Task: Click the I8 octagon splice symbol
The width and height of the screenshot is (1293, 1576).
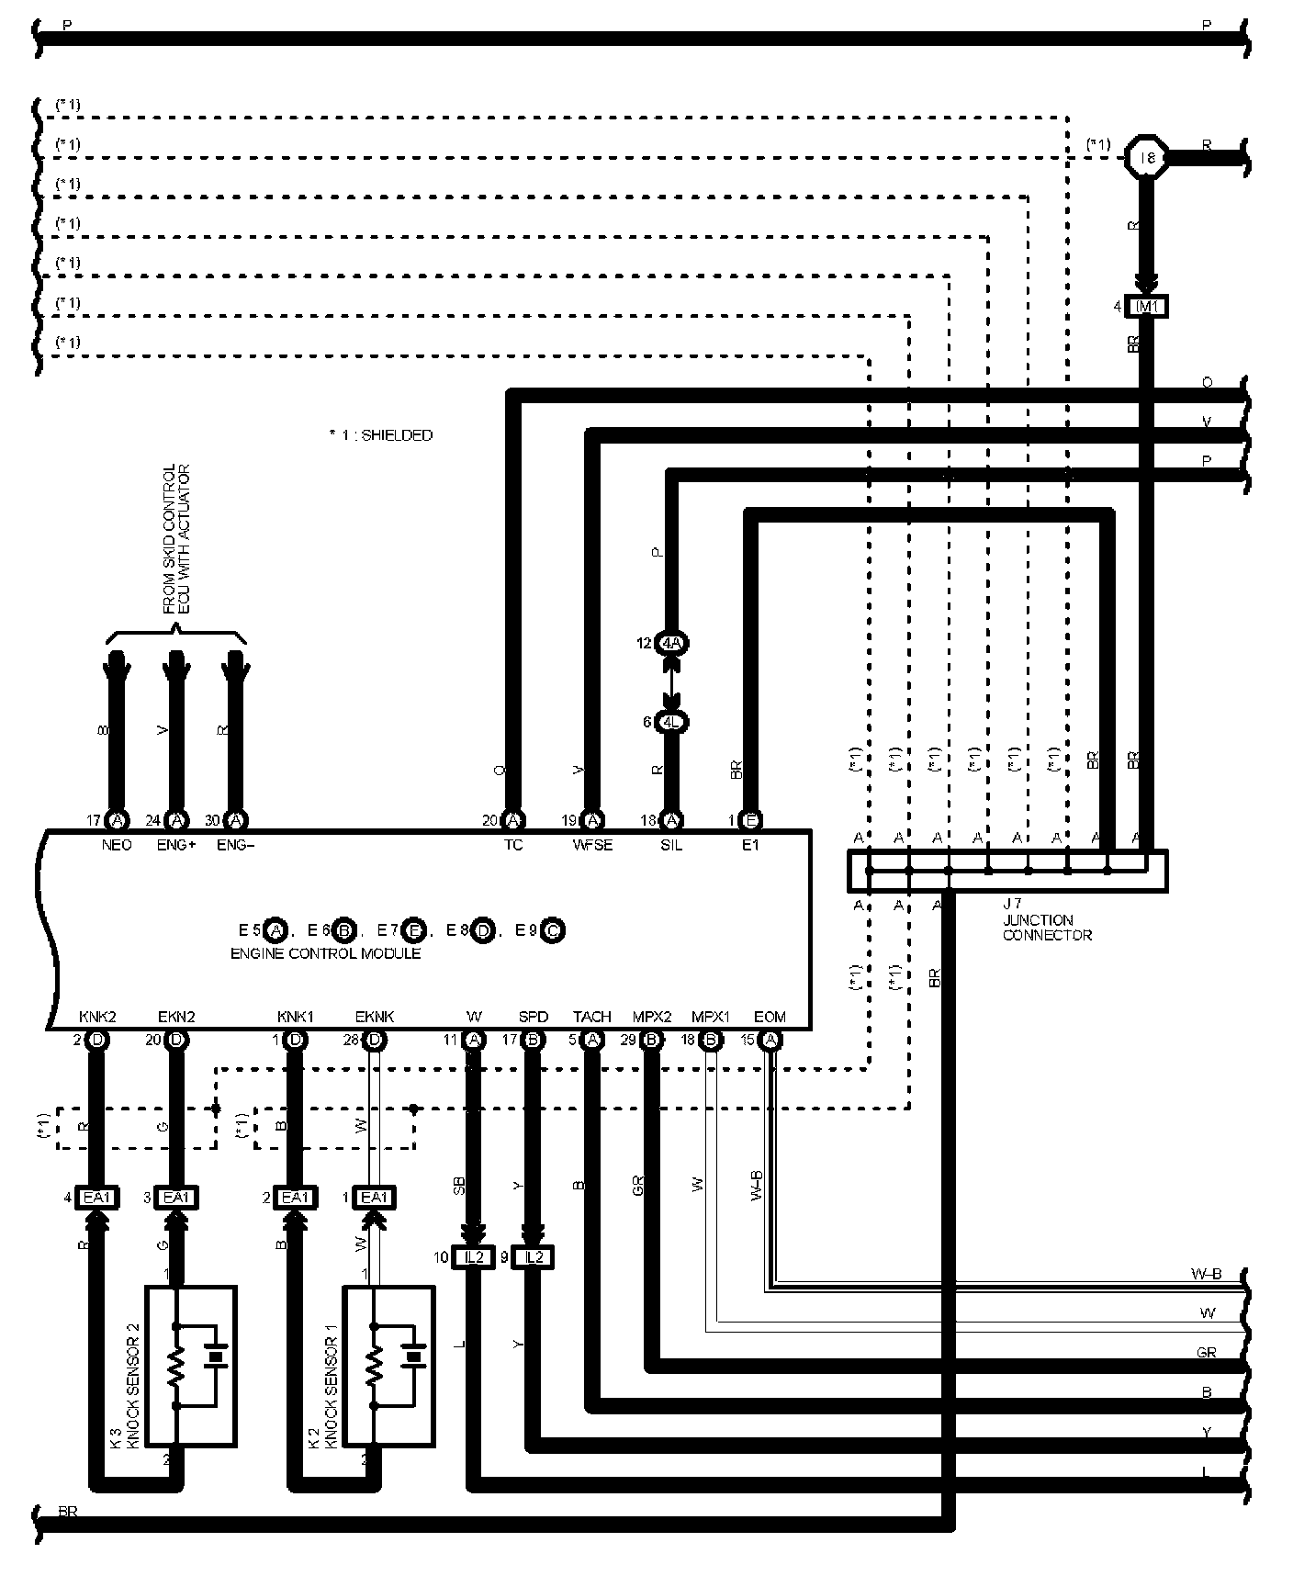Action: [1146, 159]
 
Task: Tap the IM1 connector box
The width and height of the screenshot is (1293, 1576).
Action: [1146, 307]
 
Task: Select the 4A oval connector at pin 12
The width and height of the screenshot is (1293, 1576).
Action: [673, 643]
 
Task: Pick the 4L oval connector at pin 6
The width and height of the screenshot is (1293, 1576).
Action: [673, 722]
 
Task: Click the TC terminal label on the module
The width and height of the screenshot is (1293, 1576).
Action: [513, 845]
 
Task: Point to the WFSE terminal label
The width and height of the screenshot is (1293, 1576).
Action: [593, 845]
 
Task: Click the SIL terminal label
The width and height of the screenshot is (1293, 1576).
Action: [671, 845]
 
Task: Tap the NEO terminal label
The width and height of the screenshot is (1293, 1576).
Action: [117, 845]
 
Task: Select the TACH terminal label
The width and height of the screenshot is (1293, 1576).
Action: [591, 1017]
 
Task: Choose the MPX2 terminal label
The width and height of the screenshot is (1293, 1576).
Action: [652, 1017]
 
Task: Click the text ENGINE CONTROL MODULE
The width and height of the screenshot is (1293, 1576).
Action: [325, 953]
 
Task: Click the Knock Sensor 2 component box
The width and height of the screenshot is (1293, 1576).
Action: [191, 1364]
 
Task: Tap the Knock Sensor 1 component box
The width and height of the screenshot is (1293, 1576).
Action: [388, 1364]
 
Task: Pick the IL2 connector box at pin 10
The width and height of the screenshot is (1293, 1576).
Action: [474, 1257]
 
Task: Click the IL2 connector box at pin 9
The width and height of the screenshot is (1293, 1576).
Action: [534, 1257]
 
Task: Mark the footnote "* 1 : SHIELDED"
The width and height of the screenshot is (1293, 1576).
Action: [380, 435]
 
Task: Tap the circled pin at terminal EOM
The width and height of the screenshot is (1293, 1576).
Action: [771, 1040]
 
